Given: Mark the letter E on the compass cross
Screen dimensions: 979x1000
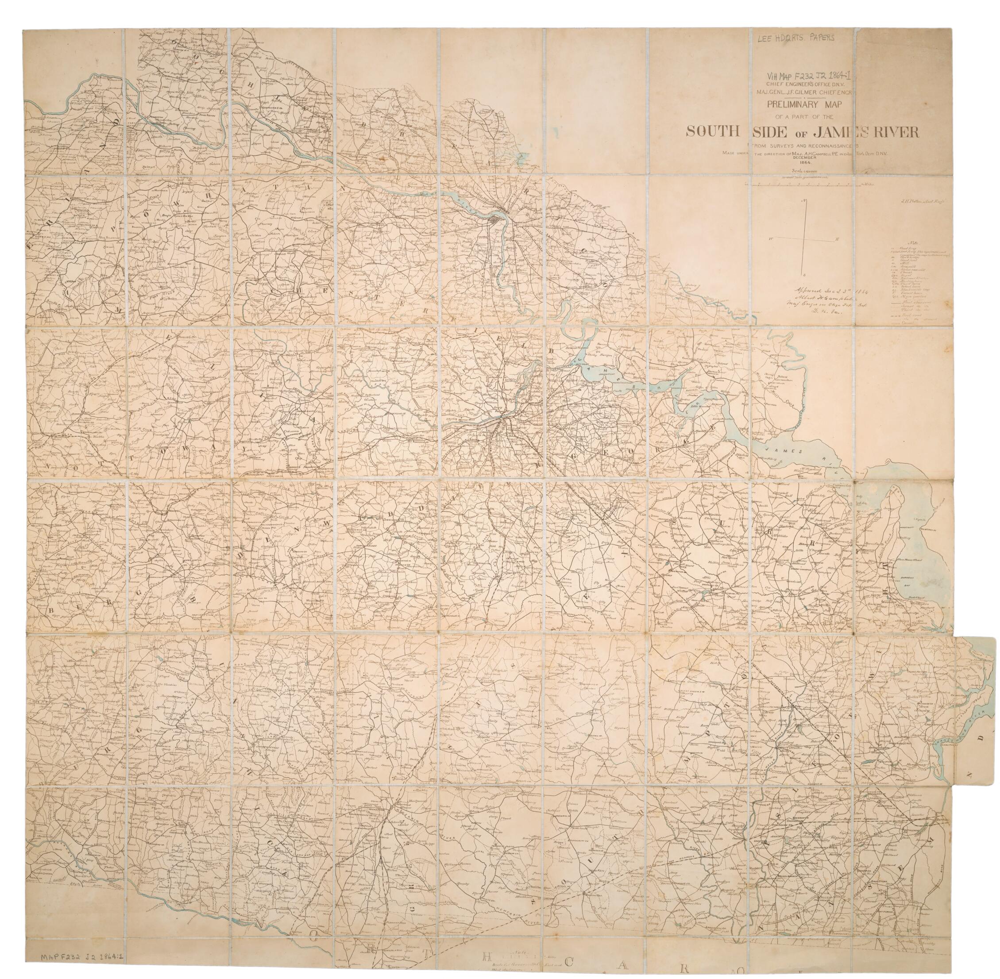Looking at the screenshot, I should [838, 240].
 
